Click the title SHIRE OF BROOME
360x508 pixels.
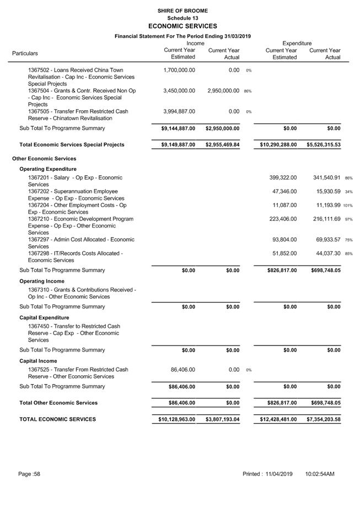[x=182, y=10]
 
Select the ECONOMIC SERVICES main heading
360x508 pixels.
[x=182, y=26]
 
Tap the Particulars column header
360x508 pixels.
[x=25, y=53]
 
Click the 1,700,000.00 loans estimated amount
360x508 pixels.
[x=179, y=71]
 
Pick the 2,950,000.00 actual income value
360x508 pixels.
[x=223, y=91]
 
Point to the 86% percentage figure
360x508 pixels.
[x=248, y=91]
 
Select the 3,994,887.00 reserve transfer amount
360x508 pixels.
[x=179, y=111]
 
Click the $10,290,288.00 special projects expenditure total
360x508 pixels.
[x=278, y=145]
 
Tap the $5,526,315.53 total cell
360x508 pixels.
[x=324, y=145]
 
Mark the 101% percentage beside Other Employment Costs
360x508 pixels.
[x=348, y=206]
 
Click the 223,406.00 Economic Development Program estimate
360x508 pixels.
[x=283, y=219]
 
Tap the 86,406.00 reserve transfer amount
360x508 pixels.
[x=182, y=370]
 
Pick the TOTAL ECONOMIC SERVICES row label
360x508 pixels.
[x=57, y=419]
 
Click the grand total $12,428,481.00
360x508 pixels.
[x=278, y=419]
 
